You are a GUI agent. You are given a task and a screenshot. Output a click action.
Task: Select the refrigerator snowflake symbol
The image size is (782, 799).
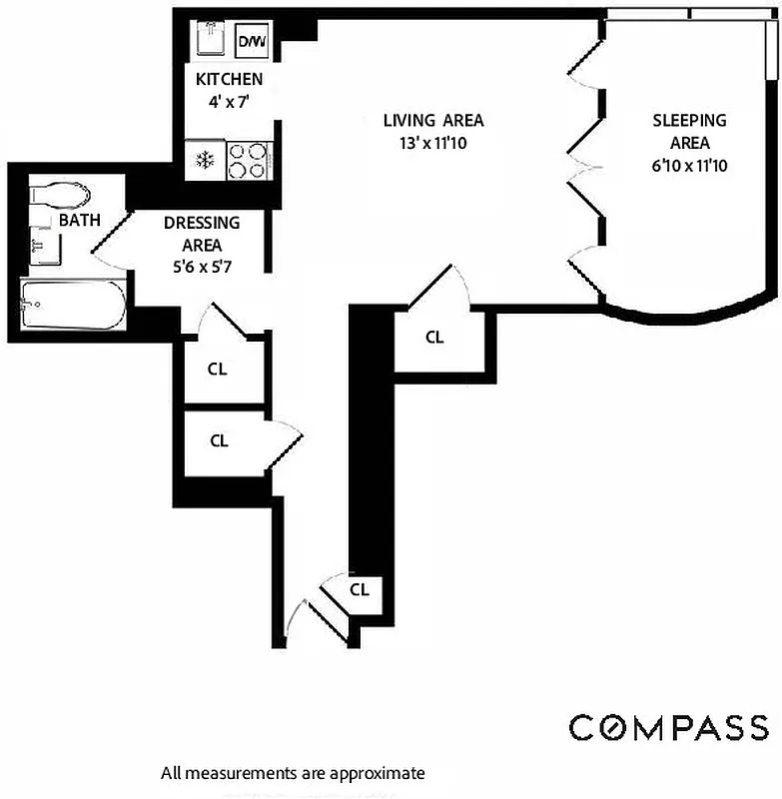point(204,161)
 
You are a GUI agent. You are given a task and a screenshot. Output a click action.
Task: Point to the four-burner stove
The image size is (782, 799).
point(249,161)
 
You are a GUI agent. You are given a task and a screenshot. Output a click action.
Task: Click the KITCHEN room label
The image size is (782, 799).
point(229,79)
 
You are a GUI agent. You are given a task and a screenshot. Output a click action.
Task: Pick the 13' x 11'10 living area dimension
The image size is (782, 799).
point(433,143)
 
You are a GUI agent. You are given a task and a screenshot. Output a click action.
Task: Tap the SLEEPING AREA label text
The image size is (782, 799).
point(689,131)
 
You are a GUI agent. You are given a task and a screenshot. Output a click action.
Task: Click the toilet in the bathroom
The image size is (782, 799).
point(60,193)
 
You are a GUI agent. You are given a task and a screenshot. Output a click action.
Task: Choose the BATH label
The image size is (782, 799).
point(79,220)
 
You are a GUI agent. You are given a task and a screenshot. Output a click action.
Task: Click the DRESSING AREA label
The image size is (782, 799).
point(202,234)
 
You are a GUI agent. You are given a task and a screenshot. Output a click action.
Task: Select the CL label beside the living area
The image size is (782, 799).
point(434,338)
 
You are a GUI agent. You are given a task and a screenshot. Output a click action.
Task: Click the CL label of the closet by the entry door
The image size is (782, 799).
point(360,589)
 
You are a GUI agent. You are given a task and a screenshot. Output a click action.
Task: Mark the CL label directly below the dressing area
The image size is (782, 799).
point(218,369)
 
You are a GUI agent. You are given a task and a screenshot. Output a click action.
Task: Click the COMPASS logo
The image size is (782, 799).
point(669,728)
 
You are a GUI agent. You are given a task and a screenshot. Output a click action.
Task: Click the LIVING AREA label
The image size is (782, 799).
point(433,120)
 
